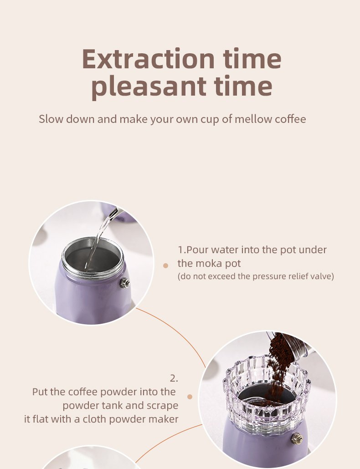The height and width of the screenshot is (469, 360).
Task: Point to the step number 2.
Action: pyautogui.click(x=174, y=378)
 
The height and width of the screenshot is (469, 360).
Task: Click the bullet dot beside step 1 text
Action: pyautogui.click(x=165, y=265)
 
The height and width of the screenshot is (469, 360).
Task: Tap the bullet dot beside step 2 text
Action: pyautogui.click(x=190, y=397)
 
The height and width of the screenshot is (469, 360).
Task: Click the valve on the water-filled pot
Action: pyautogui.click(x=125, y=283)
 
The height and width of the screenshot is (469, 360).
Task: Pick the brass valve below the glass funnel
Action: pyautogui.click(x=297, y=439)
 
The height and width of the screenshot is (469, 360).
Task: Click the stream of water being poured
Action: pyautogui.click(x=99, y=240)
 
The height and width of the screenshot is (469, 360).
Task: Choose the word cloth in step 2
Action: pyautogui.click(x=94, y=419)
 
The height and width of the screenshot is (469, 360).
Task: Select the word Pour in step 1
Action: pyautogui.click(x=197, y=250)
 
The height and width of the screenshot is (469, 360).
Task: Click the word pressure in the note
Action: pyautogui.click(x=267, y=276)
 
